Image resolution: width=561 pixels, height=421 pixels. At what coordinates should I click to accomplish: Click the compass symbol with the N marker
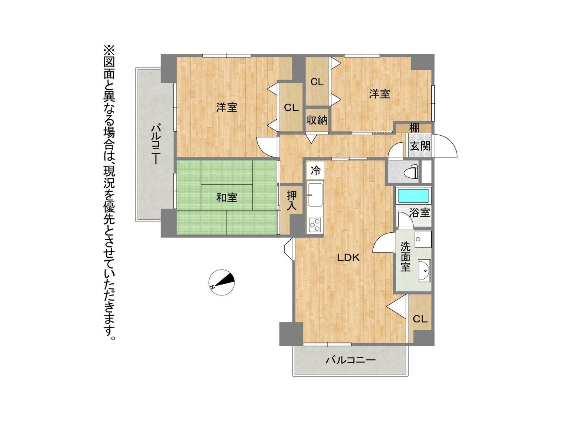point(222,282)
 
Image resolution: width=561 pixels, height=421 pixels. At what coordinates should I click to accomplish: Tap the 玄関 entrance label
point(420,146)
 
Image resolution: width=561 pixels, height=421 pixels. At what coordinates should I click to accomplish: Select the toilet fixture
point(412,171)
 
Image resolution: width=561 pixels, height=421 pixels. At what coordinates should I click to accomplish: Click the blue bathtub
point(413,196)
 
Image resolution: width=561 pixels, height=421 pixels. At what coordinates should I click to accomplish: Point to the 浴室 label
point(420,213)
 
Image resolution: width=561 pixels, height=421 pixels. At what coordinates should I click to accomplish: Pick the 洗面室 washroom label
point(405,256)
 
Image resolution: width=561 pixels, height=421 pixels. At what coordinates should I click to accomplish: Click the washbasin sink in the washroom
point(424,271)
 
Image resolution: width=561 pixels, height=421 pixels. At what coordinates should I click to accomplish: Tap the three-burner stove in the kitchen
point(315,225)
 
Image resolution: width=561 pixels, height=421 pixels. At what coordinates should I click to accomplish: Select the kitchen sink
point(315,195)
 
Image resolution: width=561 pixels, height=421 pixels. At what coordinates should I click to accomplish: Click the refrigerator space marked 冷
point(316,170)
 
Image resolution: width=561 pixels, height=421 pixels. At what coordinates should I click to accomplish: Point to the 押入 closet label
point(292,201)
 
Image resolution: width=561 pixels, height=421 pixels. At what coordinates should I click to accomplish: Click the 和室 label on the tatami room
point(227,198)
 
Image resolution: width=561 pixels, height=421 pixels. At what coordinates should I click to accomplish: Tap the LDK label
point(349,258)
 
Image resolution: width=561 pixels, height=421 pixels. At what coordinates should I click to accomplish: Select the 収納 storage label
point(317,120)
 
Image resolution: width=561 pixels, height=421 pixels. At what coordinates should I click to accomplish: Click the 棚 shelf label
point(414,127)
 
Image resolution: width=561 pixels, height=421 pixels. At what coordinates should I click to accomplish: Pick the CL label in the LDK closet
point(420,319)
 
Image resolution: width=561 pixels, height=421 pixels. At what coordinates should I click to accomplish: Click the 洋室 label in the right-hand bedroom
point(379,94)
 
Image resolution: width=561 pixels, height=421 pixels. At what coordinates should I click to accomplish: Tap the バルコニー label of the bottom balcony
point(350,361)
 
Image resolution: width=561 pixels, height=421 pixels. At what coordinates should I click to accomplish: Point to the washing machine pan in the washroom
point(423,239)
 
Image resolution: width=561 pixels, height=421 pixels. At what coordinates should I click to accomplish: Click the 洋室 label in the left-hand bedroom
point(227,107)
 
